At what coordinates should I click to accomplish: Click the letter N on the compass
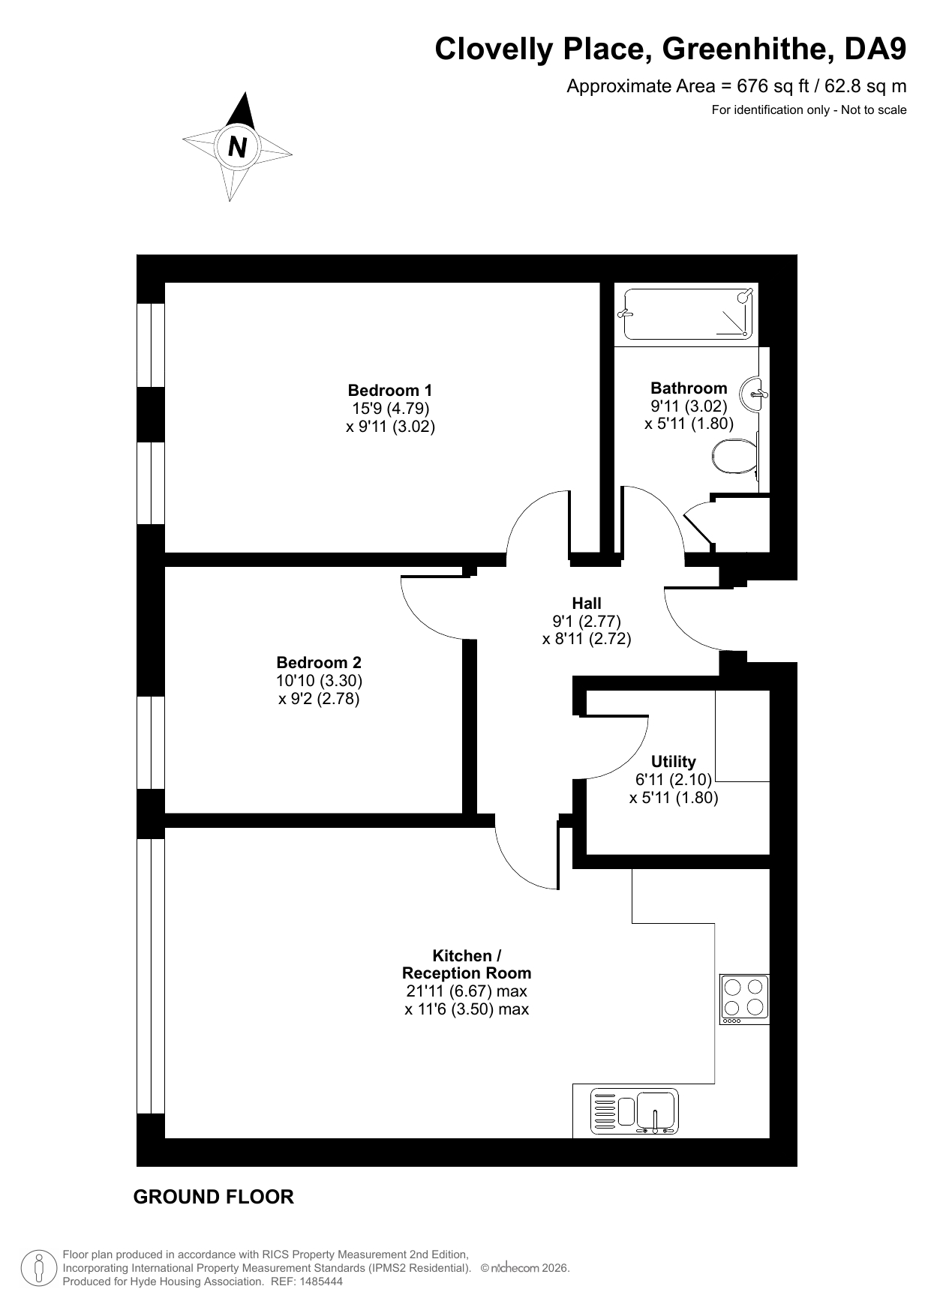point(237,147)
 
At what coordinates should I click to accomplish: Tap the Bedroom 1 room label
point(390,390)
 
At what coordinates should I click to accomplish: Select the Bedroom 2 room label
point(319,662)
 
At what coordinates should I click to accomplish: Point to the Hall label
point(587,603)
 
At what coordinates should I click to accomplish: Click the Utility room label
point(674,762)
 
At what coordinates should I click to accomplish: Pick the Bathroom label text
point(689,388)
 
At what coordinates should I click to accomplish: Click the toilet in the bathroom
point(735,457)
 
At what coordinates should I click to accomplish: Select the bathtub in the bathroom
point(686,314)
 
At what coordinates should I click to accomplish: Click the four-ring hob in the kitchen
point(744,1000)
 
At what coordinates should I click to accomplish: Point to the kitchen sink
point(634,1111)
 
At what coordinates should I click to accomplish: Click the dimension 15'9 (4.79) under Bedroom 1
point(390,409)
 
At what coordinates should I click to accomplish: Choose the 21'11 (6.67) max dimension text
point(467,991)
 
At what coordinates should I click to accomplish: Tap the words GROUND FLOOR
point(214,1198)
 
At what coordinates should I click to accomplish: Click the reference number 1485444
point(321,1282)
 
